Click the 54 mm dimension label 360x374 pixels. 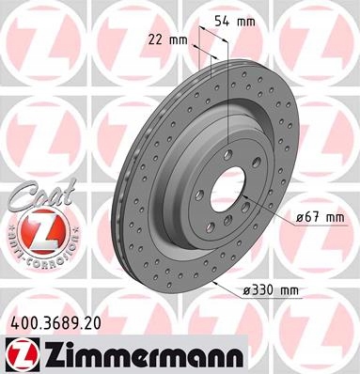235,21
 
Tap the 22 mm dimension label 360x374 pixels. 167,40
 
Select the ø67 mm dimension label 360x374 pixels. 321,217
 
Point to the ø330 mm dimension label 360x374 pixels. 271,291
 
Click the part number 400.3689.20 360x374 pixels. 56,323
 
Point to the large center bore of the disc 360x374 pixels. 227,189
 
